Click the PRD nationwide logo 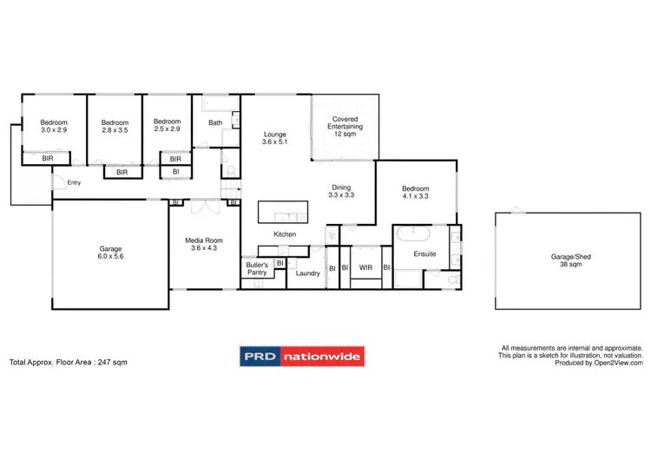[x=302, y=357]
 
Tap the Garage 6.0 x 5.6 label [x=110, y=253]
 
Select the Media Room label [x=205, y=244]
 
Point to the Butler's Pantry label [x=257, y=267]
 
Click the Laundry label [x=307, y=273]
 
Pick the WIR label [x=365, y=267]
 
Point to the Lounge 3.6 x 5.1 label [x=276, y=138]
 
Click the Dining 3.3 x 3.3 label [x=340, y=192]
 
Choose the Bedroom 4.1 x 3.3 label [x=415, y=192]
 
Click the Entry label [x=74, y=182]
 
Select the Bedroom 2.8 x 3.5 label [x=115, y=126]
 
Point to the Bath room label [x=214, y=122]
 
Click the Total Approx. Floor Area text [x=68, y=362]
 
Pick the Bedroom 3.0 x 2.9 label [x=54, y=126]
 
